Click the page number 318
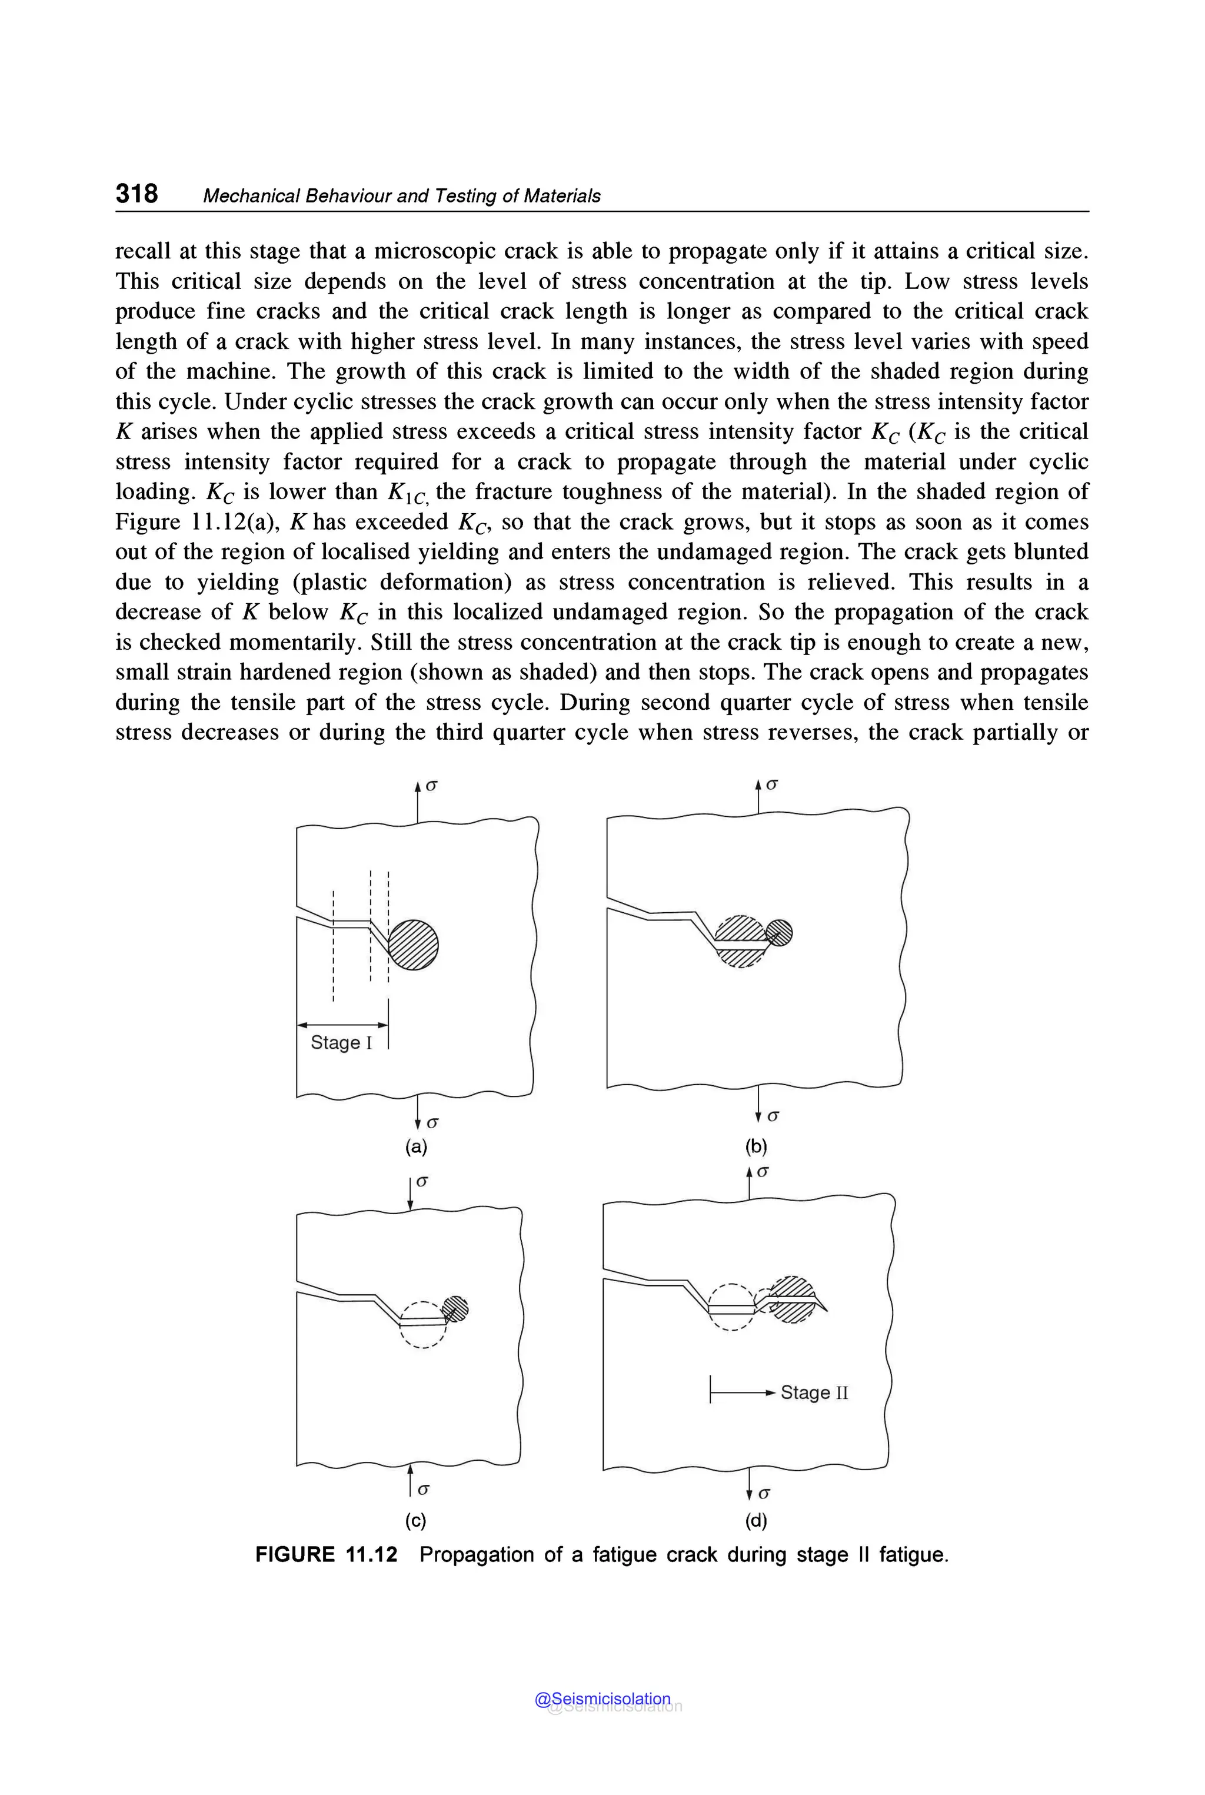click(x=137, y=193)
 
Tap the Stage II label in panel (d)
click(x=814, y=1392)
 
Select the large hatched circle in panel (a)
click(x=414, y=945)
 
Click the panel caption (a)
click(x=416, y=1147)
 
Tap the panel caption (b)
click(x=756, y=1147)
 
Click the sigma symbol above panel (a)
click(x=432, y=786)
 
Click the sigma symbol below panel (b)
click(x=773, y=1115)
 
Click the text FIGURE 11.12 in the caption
click(x=326, y=1554)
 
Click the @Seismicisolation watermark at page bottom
click(x=602, y=1699)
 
